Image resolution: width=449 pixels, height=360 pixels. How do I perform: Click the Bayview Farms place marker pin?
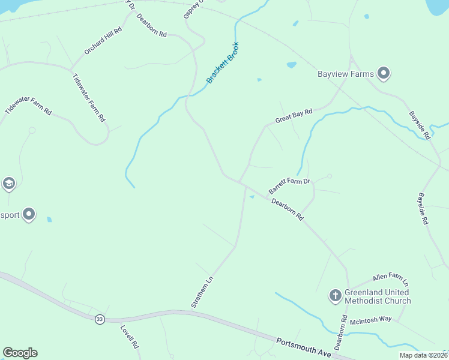(x=384, y=74)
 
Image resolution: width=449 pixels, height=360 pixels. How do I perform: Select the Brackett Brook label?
(x=223, y=62)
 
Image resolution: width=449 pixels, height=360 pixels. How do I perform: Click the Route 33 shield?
(x=100, y=319)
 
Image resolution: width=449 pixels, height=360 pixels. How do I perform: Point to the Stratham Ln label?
(x=202, y=292)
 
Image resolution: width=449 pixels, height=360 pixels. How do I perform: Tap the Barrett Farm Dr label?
(x=289, y=186)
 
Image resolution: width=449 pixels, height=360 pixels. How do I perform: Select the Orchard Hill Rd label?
(x=103, y=41)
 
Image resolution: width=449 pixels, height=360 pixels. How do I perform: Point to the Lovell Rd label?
(x=130, y=337)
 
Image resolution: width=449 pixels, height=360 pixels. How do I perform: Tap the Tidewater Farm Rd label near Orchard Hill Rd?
(x=89, y=98)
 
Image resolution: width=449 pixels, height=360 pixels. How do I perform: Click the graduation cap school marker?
(x=8, y=183)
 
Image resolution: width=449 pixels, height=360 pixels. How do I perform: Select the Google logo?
(x=20, y=353)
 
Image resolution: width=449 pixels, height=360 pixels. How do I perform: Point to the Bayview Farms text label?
(x=346, y=74)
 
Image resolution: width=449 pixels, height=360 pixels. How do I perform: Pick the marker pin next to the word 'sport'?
(x=29, y=214)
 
